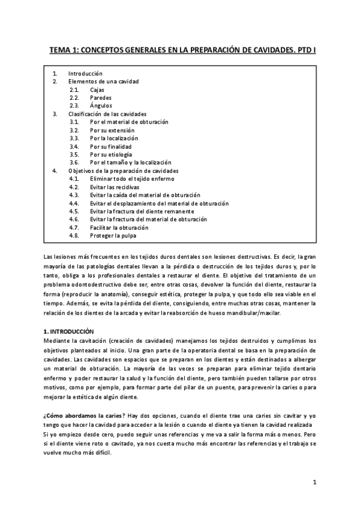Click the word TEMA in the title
click(x=59, y=52)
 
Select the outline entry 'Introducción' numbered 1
click(x=85, y=73)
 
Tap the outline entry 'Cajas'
click(x=97, y=89)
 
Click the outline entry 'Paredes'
click(x=100, y=97)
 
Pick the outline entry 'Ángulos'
click(x=101, y=106)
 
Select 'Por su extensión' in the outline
click(x=112, y=130)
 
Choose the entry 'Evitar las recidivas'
click(x=115, y=187)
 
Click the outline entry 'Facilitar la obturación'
click(x=119, y=228)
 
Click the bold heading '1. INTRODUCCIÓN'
click(x=70, y=331)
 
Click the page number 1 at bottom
click(x=314, y=482)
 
